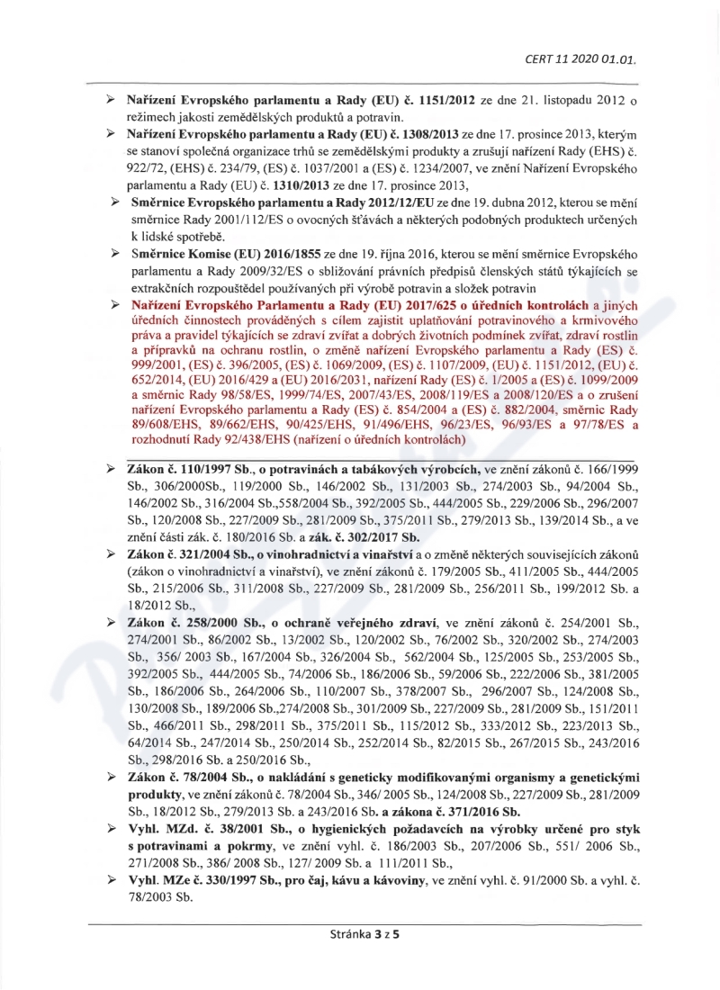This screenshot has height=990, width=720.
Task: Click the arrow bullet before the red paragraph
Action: [114, 308]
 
